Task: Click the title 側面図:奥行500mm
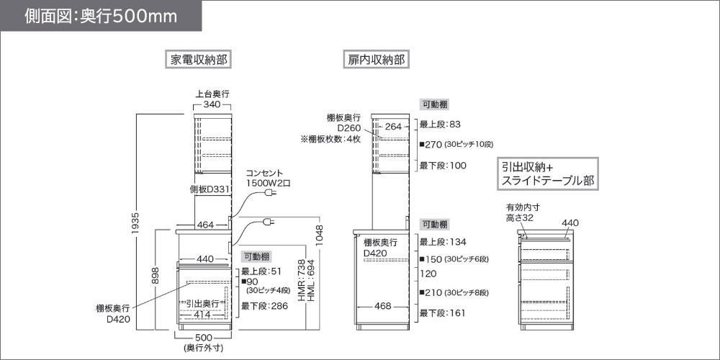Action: (x=101, y=16)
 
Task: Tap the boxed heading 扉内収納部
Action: (x=376, y=60)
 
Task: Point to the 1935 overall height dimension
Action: (x=135, y=225)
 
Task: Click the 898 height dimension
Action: (x=156, y=276)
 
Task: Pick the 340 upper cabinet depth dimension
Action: (x=212, y=104)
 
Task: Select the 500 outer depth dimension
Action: (x=204, y=338)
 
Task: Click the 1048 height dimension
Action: (x=320, y=236)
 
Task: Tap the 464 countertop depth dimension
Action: (x=205, y=225)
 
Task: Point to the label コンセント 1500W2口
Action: (x=267, y=178)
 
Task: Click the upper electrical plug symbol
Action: (x=270, y=194)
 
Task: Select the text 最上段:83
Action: (x=439, y=125)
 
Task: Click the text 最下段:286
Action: (x=264, y=306)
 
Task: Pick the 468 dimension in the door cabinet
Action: (x=382, y=306)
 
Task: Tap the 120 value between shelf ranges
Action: (x=428, y=274)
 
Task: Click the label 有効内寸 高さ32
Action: (x=519, y=212)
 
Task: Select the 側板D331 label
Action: (x=210, y=189)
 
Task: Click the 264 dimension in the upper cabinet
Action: (x=393, y=127)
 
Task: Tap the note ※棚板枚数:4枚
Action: (x=330, y=139)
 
